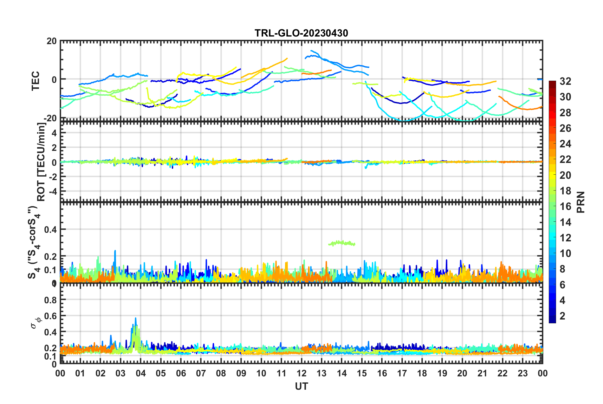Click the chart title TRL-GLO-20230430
pyautogui.click(x=301, y=33)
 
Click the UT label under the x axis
pyautogui.click(x=301, y=386)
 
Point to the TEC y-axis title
pyautogui.click(x=36, y=81)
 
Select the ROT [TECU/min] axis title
pyautogui.click(x=41, y=162)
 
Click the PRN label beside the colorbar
pyautogui.click(x=580, y=202)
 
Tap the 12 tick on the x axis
pyautogui.click(x=301, y=373)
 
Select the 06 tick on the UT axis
pyautogui.click(x=181, y=373)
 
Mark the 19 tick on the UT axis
pyautogui.click(x=442, y=373)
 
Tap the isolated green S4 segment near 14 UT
pyautogui.click(x=342, y=243)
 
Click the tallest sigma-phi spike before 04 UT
pyautogui.click(x=136, y=318)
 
